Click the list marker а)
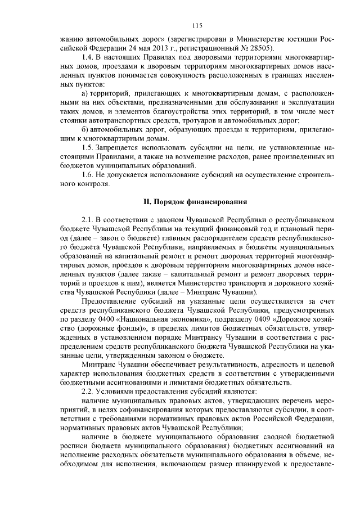tap(85, 92)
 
